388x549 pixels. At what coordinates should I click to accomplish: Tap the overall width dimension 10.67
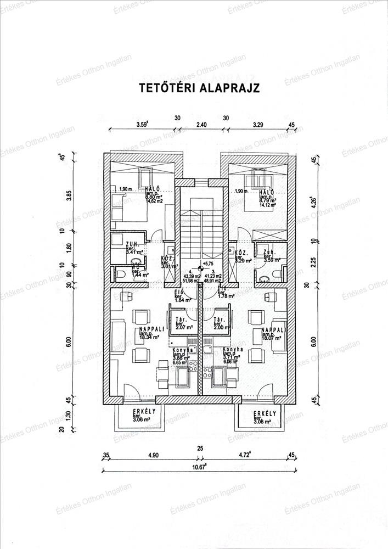(200, 467)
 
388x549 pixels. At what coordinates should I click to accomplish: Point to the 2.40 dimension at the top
(201, 125)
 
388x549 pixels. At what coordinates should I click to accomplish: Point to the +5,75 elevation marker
(208, 264)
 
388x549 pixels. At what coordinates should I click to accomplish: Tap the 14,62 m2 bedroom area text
(154, 201)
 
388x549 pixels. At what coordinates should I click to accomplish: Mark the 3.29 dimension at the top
(258, 125)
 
